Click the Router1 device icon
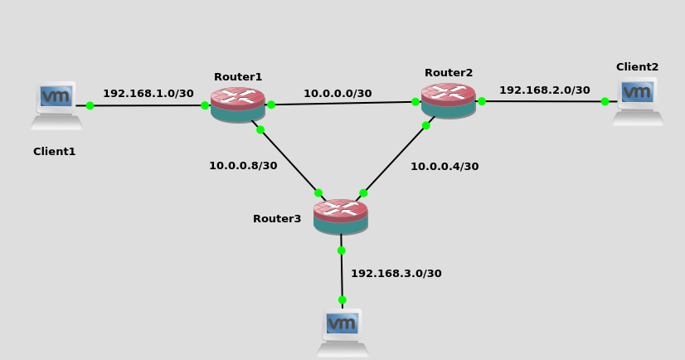237,105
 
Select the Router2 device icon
448,100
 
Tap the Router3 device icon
340,216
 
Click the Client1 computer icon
56,105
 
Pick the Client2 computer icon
638,101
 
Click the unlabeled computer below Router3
342,332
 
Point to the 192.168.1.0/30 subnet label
148,94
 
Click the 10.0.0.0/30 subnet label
338,94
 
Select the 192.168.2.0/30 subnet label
544,90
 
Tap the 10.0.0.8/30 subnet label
243,166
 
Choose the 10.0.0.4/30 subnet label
445,167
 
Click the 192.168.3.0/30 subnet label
396,274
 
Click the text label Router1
238,77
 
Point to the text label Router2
449,73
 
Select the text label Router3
277,219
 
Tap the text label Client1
54,152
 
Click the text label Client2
637,67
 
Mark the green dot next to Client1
90,105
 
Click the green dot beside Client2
605,101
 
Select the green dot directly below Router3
341,250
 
